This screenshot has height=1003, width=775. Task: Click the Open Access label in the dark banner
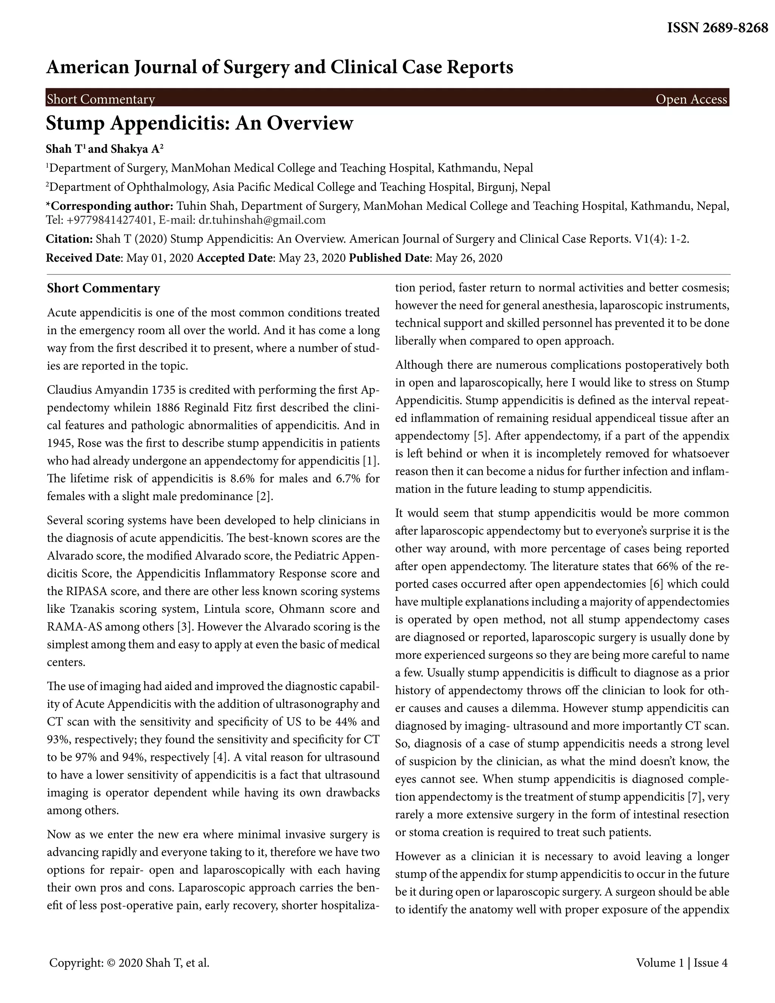click(691, 99)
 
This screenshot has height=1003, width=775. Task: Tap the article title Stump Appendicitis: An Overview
click(200, 123)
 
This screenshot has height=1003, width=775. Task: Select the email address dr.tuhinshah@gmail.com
click(262, 220)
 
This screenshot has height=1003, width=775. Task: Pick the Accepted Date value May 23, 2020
click(312, 258)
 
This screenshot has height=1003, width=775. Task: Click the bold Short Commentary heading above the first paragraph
click(103, 288)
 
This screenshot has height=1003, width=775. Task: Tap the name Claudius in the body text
click(69, 390)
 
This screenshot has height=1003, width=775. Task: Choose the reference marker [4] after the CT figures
click(220, 757)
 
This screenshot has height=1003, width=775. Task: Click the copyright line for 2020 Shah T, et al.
click(129, 963)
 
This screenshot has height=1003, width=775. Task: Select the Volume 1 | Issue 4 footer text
click(682, 963)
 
